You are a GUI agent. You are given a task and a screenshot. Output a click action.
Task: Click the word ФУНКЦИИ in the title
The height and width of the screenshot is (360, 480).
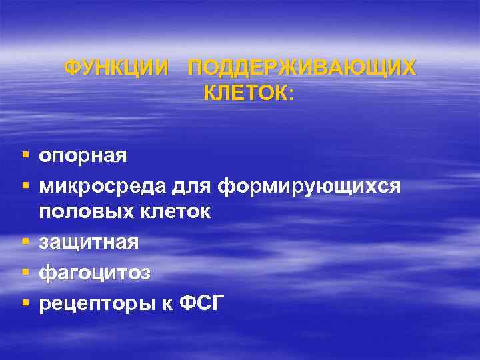pos(117,68)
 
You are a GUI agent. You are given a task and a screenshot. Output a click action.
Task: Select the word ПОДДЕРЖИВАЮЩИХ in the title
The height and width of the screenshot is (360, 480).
pos(302,68)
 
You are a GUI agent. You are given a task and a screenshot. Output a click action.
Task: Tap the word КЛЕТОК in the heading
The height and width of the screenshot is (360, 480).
pos(244,95)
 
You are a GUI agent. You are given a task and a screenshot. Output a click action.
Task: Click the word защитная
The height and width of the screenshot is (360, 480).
pos(89,242)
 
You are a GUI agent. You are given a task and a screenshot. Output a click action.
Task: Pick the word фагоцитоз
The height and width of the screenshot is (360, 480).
pos(95,273)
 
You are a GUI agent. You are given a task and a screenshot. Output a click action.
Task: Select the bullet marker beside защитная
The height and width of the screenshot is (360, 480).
pos(25,241)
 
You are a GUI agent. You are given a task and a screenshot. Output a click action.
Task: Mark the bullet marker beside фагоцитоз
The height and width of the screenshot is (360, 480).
pos(25,272)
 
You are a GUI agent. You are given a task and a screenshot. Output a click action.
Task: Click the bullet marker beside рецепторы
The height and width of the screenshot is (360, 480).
pos(25,303)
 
